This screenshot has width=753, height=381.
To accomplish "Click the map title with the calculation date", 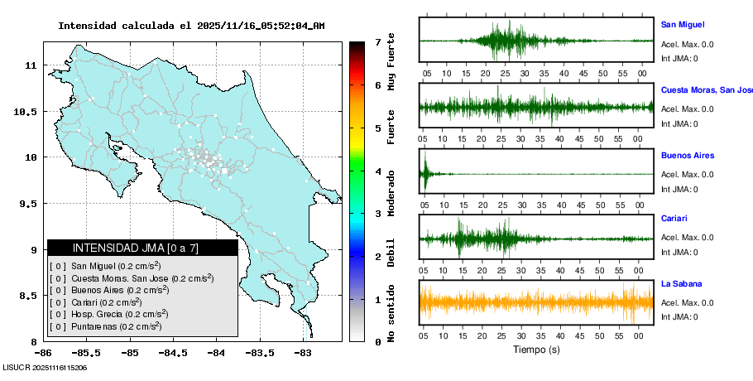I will [x=191, y=26].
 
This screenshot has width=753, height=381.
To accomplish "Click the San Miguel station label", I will [x=683, y=25].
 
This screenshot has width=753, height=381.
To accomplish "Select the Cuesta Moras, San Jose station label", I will [x=706, y=89].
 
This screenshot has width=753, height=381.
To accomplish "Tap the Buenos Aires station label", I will [x=687, y=155].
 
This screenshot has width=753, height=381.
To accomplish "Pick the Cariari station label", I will [x=674, y=219].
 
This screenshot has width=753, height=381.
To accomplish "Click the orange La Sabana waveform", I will [x=536, y=302].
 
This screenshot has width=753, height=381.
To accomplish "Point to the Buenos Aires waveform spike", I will [x=424, y=172].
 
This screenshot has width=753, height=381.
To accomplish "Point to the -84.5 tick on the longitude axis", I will [x=173, y=353].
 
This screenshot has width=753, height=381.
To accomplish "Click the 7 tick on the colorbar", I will [x=377, y=41].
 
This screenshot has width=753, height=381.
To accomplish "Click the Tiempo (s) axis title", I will [x=536, y=350].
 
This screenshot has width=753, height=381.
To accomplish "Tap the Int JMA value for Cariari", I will [x=679, y=252].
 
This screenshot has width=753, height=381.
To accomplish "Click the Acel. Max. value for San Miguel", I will [x=688, y=44].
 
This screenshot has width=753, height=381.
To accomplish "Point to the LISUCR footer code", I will [x=46, y=366].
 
